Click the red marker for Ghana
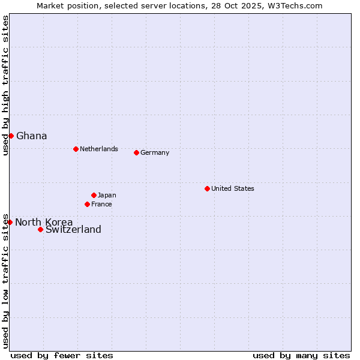[11, 136]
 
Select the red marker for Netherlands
[76, 149]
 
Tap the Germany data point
[136, 152]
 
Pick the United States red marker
[207, 188]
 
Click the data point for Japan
[94, 195]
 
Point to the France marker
[87, 204]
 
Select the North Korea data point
[10, 222]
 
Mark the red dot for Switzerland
[40, 229]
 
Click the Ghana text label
[32, 136]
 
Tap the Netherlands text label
[99, 149]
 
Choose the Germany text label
[155, 152]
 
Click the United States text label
[233, 188]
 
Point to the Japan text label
[107, 195]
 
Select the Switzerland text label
[73, 229]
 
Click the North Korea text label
[44, 222]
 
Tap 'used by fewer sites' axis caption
[62, 355]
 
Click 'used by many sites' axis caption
[301, 355]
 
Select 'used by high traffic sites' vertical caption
[5, 85]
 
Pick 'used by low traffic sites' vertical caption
[5, 280]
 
